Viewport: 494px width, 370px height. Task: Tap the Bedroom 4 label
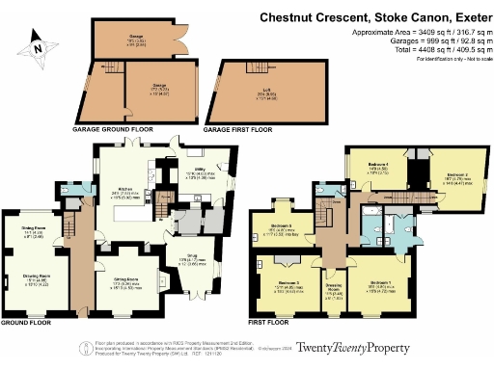[x=378, y=166]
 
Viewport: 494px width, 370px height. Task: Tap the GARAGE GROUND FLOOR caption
[x=111, y=128]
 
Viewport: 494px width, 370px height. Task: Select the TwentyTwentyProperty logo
[x=352, y=348]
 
